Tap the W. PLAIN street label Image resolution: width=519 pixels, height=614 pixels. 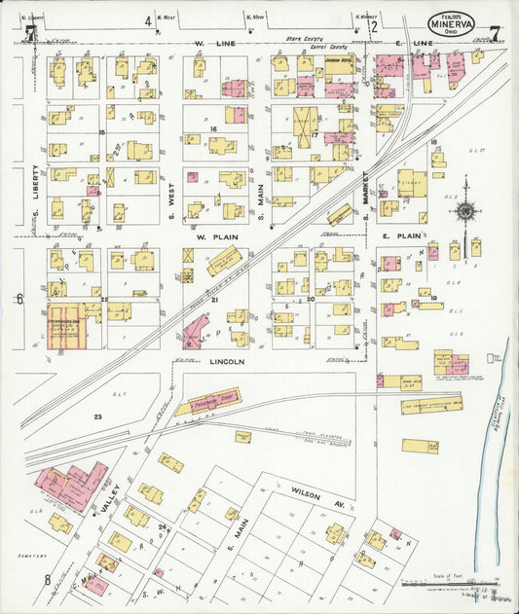[211, 236]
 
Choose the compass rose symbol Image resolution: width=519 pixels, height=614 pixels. [465, 209]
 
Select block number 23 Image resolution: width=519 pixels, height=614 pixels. [97, 416]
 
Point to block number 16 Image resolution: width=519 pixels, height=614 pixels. [211, 128]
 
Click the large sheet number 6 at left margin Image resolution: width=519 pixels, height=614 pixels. [19, 300]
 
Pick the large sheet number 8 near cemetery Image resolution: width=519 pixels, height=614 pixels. [46, 581]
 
